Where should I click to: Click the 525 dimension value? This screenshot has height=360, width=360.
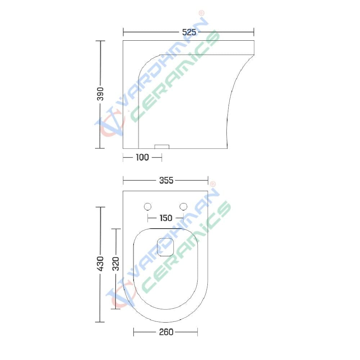(x=189, y=32)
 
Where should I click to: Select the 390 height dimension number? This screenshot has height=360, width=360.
(x=100, y=94)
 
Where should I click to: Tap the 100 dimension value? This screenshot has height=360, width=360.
(x=142, y=157)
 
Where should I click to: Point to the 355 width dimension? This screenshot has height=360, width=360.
(x=166, y=180)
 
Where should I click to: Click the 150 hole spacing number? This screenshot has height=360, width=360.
(x=166, y=218)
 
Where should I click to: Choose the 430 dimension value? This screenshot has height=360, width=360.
(x=100, y=264)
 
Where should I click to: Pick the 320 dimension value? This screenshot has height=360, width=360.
(x=116, y=264)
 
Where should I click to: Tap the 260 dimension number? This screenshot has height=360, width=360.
(x=166, y=332)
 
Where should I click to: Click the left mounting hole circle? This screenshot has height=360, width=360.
(x=148, y=207)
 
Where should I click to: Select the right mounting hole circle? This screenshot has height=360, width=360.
(x=183, y=207)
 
